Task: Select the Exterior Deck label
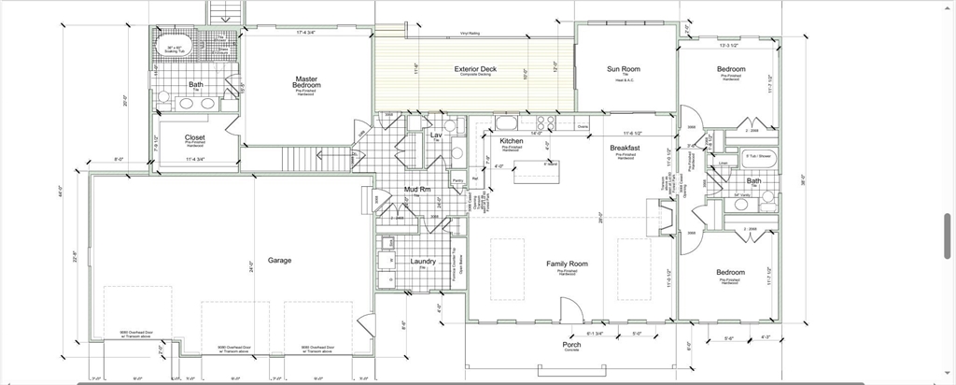point(475,69)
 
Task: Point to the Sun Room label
point(623,69)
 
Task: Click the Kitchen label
point(512,141)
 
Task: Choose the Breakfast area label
point(625,149)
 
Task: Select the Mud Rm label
point(416,190)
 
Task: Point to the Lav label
point(435,135)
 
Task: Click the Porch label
point(571,345)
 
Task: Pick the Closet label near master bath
point(195,137)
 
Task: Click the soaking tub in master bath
point(176,49)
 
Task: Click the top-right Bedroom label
point(731,69)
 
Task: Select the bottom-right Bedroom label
point(731,273)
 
